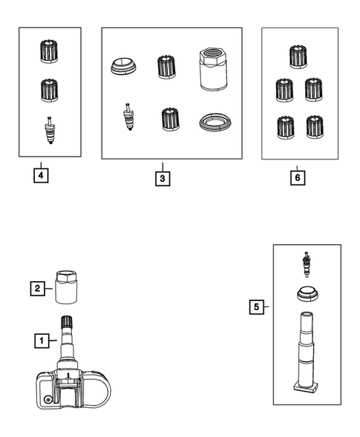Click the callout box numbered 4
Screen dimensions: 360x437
(41, 176)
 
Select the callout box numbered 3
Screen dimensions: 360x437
(163, 178)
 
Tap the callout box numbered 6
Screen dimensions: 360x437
(298, 178)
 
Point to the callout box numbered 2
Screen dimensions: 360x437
(38, 288)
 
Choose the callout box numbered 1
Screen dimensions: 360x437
(42, 341)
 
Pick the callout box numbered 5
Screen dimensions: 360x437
(257, 307)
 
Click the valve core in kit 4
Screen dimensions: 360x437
(50, 130)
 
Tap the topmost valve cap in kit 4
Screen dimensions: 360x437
(49, 51)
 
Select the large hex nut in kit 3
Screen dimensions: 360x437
(213, 69)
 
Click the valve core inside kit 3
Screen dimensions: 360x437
(128, 116)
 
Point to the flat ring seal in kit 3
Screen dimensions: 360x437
(215, 122)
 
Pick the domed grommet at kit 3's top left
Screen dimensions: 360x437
(123, 67)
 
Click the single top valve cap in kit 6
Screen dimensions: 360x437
(298, 56)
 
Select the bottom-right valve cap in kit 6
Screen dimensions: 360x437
(315, 127)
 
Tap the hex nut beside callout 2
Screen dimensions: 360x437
(66, 287)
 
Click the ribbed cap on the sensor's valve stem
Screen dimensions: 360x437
(67, 322)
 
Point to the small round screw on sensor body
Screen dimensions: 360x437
(48, 400)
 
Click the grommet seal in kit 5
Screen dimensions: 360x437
(307, 295)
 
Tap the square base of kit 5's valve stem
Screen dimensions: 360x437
(306, 389)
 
